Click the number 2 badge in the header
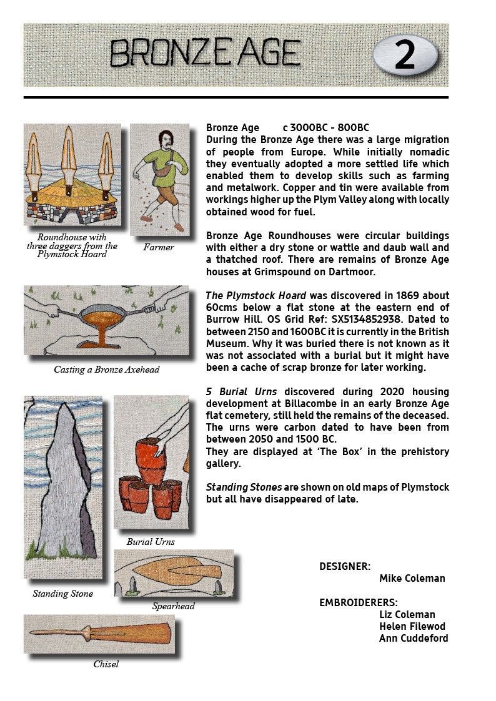pos(405,55)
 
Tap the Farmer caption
pos(159,247)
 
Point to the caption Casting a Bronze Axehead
pos(106,370)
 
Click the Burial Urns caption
pos(151,541)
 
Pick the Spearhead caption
pos(174,605)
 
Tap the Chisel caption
pos(106,664)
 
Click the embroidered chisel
pos(100,634)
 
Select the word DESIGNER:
pos(345,566)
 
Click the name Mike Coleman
pos(412,578)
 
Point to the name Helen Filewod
pos(412,626)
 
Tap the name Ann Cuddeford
pos(414,638)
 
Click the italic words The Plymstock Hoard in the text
pos(256,295)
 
